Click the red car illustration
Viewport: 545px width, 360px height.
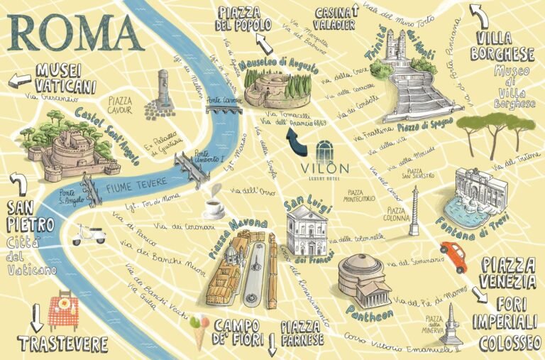[453, 255]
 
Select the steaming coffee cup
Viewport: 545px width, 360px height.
[213, 205]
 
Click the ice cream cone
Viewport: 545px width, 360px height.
[200, 330]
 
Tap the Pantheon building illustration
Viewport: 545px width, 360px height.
[364, 278]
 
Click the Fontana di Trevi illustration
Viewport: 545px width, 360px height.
[469, 195]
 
